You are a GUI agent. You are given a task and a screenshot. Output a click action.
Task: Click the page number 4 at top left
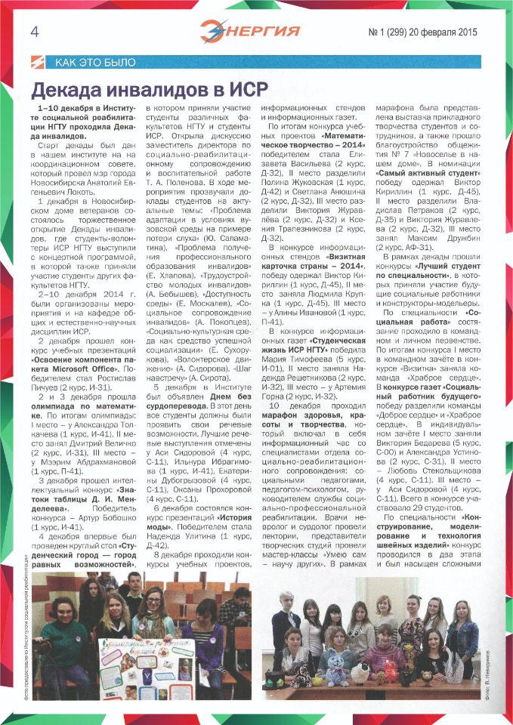pyautogui.click(x=35, y=31)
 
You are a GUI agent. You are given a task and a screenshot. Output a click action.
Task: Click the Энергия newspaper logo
pyautogui.click(x=250, y=31)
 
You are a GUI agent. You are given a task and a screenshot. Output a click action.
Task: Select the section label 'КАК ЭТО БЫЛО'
pyautogui.click(x=96, y=62)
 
